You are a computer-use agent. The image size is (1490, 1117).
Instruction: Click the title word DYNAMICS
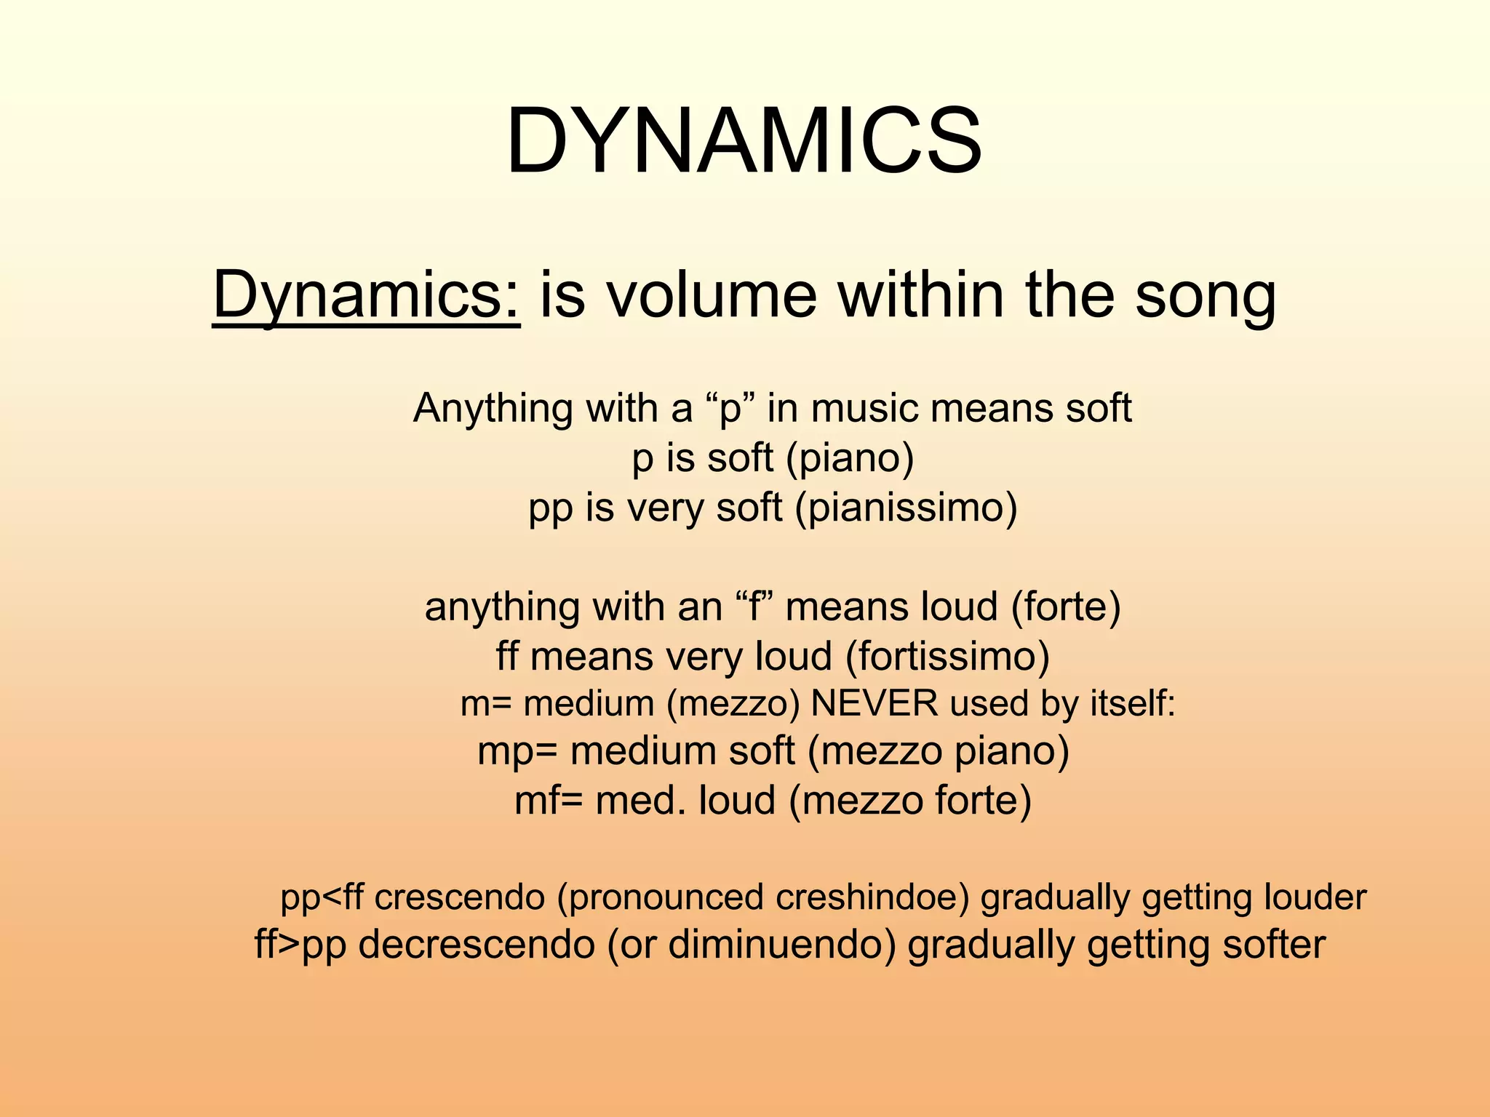tap(744, 141)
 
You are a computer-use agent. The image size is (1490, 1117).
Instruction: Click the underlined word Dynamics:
tap(366, 295)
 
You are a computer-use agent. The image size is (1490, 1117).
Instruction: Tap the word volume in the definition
tap(712, 295)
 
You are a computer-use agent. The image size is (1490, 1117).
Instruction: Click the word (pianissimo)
tap(906, 508)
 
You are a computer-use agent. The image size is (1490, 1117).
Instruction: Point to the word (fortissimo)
tap(947, 656)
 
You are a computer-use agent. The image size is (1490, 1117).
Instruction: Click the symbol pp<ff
tap(322, 897)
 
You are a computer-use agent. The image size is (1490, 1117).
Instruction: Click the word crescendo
tap(460, 897)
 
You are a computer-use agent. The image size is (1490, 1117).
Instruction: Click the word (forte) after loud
tap(1066, 607)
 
